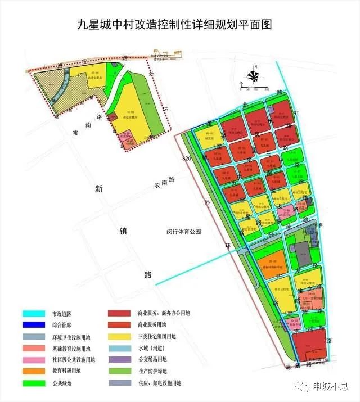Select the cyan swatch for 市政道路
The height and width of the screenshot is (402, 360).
point(35,314)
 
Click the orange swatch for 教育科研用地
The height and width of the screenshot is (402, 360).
point(35,371)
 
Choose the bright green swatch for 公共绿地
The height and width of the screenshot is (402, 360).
point(35,383)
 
